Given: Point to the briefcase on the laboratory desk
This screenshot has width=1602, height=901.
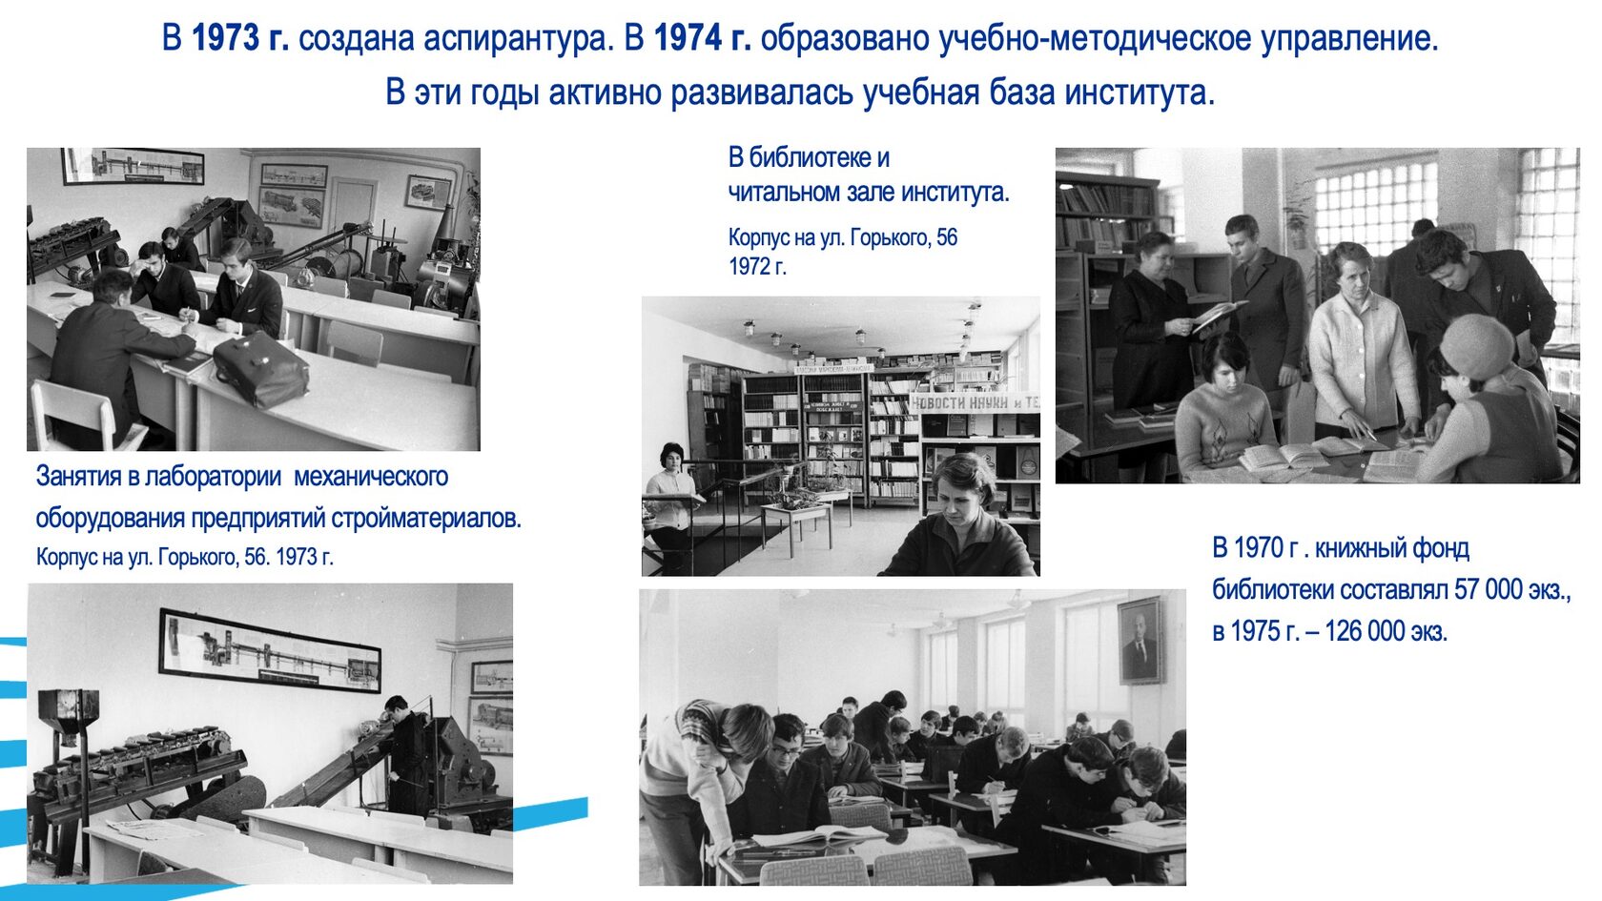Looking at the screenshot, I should click(260, 369).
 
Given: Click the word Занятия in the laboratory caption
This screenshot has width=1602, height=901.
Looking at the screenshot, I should click(79, 477).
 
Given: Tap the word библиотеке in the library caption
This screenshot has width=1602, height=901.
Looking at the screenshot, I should click(810, 157).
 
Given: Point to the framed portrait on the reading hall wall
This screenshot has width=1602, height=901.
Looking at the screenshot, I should click(1140, 641).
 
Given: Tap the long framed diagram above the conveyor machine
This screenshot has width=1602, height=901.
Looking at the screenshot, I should click(270, 649).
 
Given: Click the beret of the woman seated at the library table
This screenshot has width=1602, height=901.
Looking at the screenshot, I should click(1477, 345).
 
